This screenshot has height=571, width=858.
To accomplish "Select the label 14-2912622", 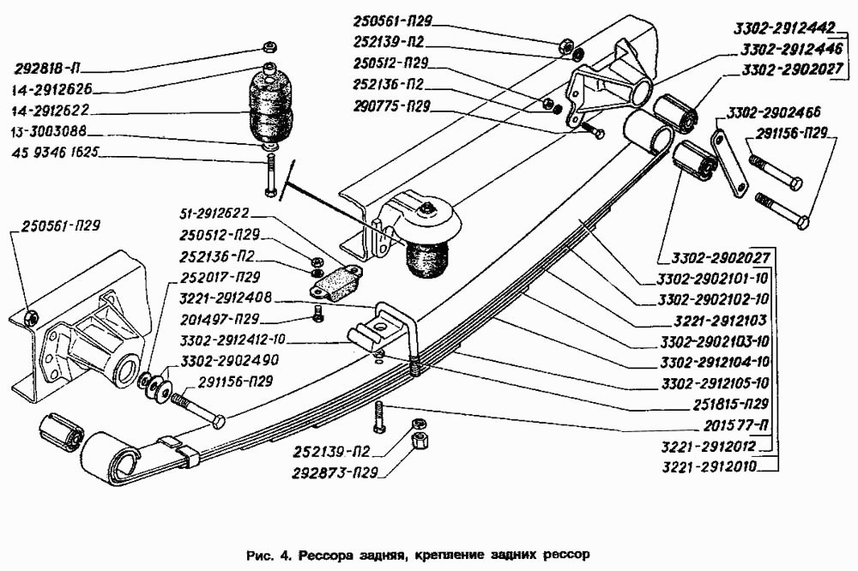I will click(51, 110).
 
